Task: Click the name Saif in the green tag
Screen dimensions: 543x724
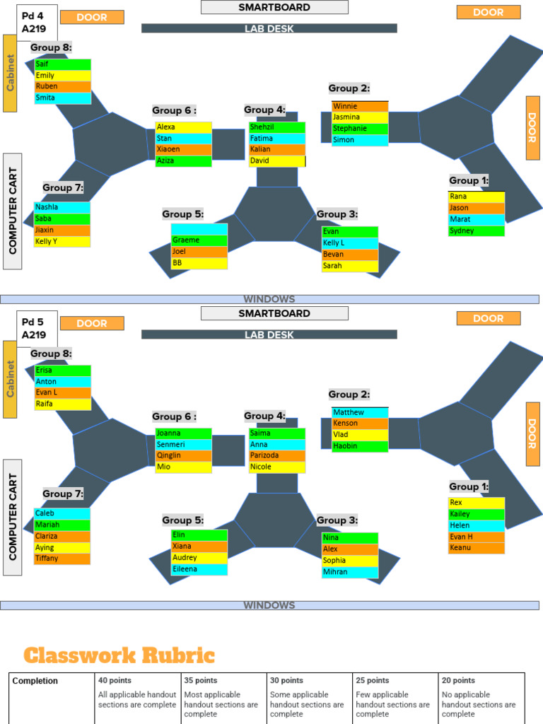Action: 42,64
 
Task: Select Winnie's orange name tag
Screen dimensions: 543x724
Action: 360,106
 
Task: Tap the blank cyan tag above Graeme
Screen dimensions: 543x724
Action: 199,229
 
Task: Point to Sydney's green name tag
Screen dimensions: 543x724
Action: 476,231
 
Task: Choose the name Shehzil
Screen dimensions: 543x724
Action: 262,127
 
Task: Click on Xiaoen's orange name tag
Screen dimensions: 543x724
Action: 183,149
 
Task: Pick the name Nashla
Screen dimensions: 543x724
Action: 47,207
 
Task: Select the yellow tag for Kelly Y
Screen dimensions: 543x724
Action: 62,241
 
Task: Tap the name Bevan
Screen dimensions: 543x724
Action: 334,254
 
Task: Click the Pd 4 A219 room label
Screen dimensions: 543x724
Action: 37,23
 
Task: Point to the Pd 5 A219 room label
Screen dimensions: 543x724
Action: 37,329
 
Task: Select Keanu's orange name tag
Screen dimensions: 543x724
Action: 476,548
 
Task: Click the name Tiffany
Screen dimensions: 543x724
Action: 47,559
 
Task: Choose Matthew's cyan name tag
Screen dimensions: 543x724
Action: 360,412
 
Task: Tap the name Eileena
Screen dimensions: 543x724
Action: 185,569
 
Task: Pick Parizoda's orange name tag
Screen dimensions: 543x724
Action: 277,455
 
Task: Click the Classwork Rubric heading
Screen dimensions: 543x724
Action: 119,655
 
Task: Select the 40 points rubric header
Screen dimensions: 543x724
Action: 115,680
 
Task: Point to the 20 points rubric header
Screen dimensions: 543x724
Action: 458,680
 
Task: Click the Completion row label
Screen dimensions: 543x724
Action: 35,681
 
